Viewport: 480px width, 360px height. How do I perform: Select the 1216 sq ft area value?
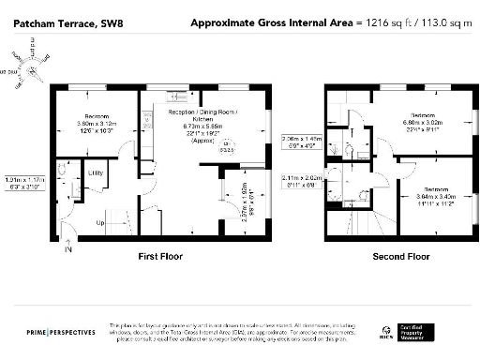coord(394,22)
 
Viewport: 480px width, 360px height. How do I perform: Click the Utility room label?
coord(96,173)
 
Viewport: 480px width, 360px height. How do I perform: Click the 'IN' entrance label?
coord(67,250)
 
